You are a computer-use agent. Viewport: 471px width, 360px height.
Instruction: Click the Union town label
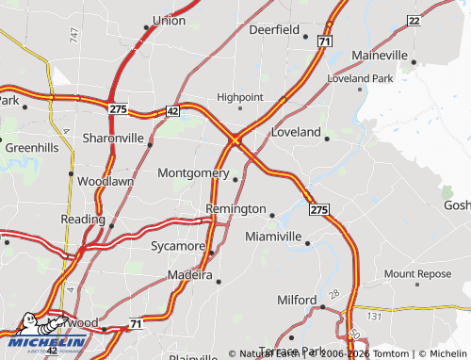[x=169, y=19]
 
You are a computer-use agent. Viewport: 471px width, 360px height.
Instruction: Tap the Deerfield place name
[x=273, y=29]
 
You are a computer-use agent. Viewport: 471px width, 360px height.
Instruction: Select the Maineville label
[x=380, y=56]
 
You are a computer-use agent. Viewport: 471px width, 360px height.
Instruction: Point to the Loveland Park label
[x=360, y=78]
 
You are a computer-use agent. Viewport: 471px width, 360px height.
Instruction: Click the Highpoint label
[x=240, y=96]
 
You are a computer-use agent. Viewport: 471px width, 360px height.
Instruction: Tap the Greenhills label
[x=31, y=148]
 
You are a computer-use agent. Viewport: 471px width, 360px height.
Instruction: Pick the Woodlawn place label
[x=106, y=181]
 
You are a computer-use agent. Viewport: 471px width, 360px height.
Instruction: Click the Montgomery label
[x=193, y=173]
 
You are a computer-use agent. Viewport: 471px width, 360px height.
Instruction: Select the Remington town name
[x=235, y=208]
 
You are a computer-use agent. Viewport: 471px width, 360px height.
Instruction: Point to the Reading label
[x=83, y=219]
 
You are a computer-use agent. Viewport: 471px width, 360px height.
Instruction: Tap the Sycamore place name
[x=178, y=246]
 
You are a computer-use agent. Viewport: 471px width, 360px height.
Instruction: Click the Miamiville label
[x=273, y=236]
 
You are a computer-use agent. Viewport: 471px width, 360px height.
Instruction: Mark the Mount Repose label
[x=417, y=274]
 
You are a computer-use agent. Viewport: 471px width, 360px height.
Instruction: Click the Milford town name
[x=298, y=300]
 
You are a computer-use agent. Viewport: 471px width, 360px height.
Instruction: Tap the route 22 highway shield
[x=414, y=20]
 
